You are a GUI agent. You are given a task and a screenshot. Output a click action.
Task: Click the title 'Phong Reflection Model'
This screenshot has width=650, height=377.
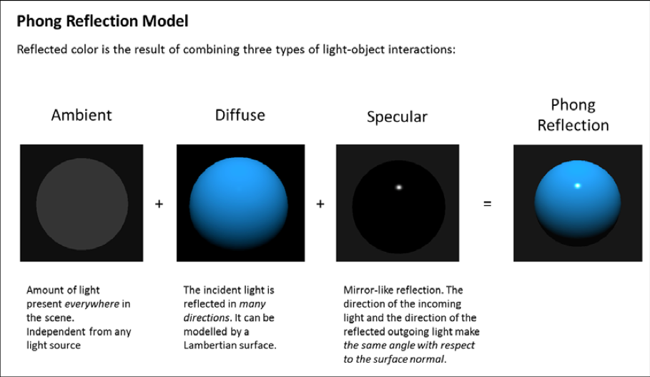click(x=102, y=21)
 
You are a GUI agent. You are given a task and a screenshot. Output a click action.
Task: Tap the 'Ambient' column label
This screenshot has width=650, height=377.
click(x=82, y=115)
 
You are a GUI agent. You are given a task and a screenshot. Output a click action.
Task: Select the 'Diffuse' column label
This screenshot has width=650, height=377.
click(x=240, y=115)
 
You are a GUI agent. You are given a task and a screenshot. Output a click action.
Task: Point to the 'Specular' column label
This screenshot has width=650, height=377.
click(x=397, y=117)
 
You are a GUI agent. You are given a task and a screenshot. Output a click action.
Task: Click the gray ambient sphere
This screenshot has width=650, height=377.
click(x=82, y=204)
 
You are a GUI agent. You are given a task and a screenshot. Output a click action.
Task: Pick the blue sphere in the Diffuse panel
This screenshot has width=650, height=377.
click(x=239, y=203)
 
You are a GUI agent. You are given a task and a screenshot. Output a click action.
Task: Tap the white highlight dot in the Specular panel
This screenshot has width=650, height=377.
click(x=399, y=187)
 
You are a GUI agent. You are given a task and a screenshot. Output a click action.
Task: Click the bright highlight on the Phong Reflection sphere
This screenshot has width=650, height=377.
click(x=578, y=185)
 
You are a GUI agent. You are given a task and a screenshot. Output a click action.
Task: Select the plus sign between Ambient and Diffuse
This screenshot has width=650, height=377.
click(x=159, y=204)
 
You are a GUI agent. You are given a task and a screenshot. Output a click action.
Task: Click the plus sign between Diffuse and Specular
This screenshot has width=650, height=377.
click(x=320, y=204)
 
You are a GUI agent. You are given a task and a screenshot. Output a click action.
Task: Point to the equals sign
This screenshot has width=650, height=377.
click(x=488, y=204)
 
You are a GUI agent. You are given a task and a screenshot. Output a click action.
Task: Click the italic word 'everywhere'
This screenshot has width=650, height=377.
click(x=92, y=304)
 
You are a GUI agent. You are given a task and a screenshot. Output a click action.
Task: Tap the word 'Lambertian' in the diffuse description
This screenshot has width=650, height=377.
click(x=209, y=345)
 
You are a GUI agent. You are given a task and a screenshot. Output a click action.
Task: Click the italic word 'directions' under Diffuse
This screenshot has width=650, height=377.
click(x=207, y=318)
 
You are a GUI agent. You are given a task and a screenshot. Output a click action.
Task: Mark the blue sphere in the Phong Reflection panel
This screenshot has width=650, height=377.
click(x=578, y=203)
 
